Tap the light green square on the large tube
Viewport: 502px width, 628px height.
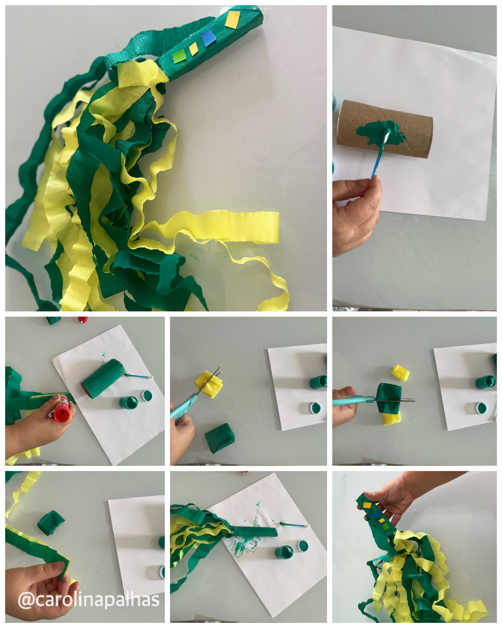click(179, 56)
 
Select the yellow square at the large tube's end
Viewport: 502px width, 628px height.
click(233, 20)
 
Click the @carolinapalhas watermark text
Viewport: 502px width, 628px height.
click(89, 600)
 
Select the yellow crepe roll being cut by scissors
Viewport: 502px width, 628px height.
click(208, 384)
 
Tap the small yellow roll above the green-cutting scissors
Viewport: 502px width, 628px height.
click(401, 373)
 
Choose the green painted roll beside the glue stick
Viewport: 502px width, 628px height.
click(103, 379)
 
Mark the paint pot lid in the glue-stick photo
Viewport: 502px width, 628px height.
click(148, 395)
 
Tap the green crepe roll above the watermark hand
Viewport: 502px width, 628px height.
click(51, 523)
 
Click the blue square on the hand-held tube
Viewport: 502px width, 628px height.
click(376, 515)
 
